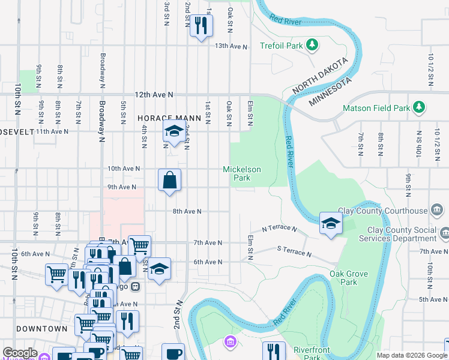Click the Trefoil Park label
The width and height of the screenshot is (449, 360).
281,46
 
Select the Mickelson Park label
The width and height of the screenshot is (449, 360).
242,173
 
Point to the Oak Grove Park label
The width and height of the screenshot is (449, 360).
345,278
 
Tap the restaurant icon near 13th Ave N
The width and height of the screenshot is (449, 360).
201,25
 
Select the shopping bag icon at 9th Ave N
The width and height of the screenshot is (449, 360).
170,179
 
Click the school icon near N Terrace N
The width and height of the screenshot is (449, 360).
330,223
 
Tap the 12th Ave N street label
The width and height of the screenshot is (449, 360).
154,95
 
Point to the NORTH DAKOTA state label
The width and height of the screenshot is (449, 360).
320,76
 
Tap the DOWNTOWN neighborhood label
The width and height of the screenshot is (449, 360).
42,329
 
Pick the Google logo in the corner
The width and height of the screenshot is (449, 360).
20,353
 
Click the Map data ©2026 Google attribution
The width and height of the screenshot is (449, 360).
411,355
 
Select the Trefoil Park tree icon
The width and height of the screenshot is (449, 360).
312,45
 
